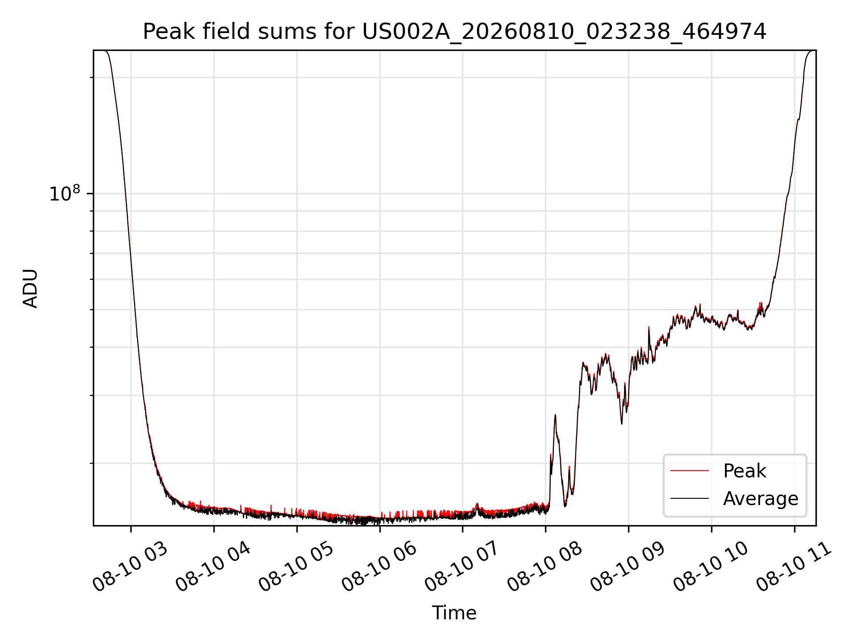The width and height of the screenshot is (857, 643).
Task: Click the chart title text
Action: (x=454, y=32)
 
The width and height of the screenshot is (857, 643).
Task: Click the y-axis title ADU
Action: (x=30, y=288)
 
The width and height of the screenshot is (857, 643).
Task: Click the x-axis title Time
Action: (x=454, y=613)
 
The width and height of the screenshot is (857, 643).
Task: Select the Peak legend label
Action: (x=745, y=471)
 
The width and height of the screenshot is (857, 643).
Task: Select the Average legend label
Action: (x=761, y=498)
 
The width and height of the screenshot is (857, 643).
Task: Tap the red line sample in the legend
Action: (x=689, y=471)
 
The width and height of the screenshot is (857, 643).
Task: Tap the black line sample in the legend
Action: (x=689, y=498)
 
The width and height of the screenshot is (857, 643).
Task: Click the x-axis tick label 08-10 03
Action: (x=130, y=567)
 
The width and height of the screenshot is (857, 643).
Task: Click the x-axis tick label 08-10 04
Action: (x=213, y=567)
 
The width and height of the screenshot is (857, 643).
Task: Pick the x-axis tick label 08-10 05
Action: (x=296, y=567)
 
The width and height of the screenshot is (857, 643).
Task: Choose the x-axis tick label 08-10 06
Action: (x=379, y=567)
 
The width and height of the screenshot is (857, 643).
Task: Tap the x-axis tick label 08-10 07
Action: (x=462, y=567)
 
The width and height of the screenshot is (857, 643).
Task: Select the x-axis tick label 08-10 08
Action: (x=545, y=567)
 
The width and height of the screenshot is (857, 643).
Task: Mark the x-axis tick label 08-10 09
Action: (x=628, y=567)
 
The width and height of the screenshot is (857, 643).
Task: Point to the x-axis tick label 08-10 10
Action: (x=711, y=567)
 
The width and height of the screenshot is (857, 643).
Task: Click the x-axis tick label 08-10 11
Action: (x=794, y=567)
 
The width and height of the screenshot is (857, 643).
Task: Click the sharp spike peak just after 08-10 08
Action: (x=555, y=415)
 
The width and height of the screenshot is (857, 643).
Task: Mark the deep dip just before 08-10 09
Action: (x=622, y=423)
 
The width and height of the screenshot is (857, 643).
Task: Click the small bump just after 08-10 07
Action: (x=477, y=505)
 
